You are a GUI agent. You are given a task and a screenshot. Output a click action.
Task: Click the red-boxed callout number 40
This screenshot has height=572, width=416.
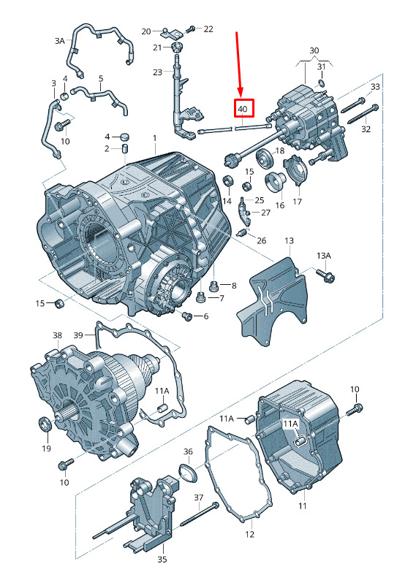[x=243, y=109]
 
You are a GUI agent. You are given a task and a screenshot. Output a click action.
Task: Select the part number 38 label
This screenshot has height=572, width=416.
[x=57, y=335]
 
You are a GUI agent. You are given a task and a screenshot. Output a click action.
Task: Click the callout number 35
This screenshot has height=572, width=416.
[x=162, y=559]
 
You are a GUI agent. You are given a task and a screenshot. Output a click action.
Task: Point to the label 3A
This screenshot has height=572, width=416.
[x=59, y=41]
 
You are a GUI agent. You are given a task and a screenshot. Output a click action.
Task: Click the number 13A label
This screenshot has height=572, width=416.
[x=324, y=256]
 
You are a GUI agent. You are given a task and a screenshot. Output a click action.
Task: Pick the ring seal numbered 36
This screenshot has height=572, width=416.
[x=189, y=472]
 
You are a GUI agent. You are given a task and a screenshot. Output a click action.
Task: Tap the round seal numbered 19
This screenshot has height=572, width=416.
[x=45, y=424]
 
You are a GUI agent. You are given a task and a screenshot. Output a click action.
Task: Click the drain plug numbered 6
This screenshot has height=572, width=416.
[x=188, y=316]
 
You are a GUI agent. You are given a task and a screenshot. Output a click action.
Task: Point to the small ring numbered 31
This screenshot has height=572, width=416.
[x=321, y=83]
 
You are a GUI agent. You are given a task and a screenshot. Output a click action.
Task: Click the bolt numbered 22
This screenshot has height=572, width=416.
[x=192, y=29]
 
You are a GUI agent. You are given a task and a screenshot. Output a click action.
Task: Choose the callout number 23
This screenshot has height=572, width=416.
[x=157, y=72]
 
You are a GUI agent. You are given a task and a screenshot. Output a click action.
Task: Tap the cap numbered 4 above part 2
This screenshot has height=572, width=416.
[x=125, y=137]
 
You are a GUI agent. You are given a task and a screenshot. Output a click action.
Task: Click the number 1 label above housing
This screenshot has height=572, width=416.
[x=155, y=138]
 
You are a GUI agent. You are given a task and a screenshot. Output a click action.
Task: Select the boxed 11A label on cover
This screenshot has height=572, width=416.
[x=290, y=424]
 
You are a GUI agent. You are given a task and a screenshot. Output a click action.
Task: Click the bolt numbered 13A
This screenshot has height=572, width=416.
[x=326, y=275]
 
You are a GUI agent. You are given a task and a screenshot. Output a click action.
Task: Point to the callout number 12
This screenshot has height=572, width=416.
[x=249, y=534]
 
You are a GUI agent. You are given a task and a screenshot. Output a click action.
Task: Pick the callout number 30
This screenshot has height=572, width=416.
[x=314, y=50]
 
